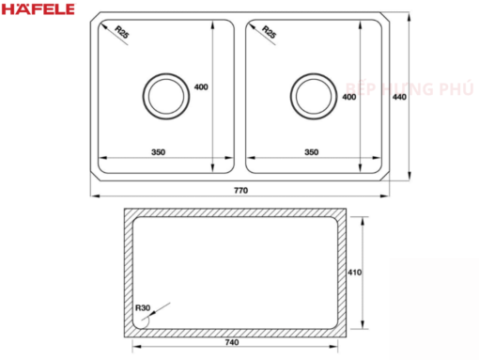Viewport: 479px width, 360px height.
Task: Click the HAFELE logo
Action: pyautogui.click(x=39, y=8)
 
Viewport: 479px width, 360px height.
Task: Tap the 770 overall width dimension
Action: pyautogui.click(x=240, y=190)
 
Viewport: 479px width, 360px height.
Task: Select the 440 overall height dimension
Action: pyautogui.click(x=399, y=97)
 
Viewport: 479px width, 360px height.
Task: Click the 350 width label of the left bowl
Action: pyautogui.click(x=158, y=152)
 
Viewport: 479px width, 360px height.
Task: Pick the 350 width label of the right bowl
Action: pyautogui.click(x=311, y=152)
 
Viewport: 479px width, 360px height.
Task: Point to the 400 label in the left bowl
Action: pyautogui.click(x=201, y=87)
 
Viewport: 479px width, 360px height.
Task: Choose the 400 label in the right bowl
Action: pyautogui.click(x=348, y=97)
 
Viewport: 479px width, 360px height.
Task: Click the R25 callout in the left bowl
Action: pyautogui.click(x=122, y=32)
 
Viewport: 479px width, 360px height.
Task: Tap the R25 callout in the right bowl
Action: pyautogui.click(x=269, y=32)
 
